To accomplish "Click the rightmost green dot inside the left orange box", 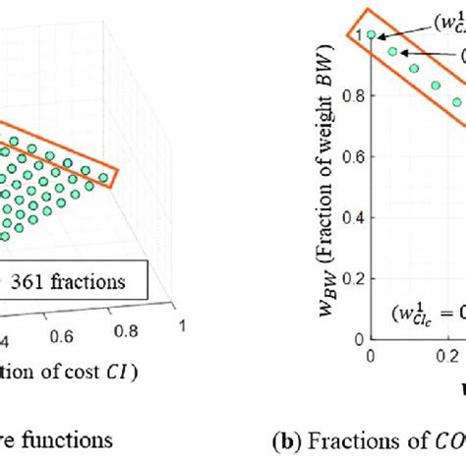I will (x=102, y=177).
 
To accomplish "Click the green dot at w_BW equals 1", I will (x=371, y=35).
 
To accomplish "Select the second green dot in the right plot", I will (x=392, y=51).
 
